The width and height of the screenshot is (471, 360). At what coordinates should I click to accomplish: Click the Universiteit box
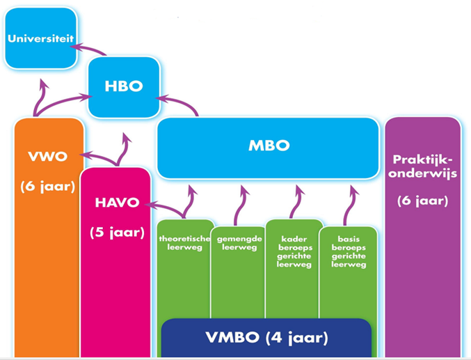click(40, 38)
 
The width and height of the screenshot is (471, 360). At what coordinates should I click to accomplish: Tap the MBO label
click(269, 146)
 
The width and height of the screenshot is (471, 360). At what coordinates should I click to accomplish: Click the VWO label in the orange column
click(49, 156)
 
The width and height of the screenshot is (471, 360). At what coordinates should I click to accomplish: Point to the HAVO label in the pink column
click(115, 203)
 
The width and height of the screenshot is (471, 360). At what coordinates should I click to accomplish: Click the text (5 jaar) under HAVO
click(115, 232)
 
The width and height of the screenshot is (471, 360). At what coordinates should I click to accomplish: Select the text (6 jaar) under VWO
click(49, 187)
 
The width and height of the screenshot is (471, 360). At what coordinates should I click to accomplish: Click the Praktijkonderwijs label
click(423, 167)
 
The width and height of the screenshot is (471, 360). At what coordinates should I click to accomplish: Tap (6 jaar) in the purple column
click(423, 201)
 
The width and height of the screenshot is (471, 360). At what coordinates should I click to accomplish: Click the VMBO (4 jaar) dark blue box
click(266, 338)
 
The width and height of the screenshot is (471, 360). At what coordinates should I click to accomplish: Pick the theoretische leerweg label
click(185, 242)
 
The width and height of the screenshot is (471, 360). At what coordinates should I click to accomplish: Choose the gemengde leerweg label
click(238, 242)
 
